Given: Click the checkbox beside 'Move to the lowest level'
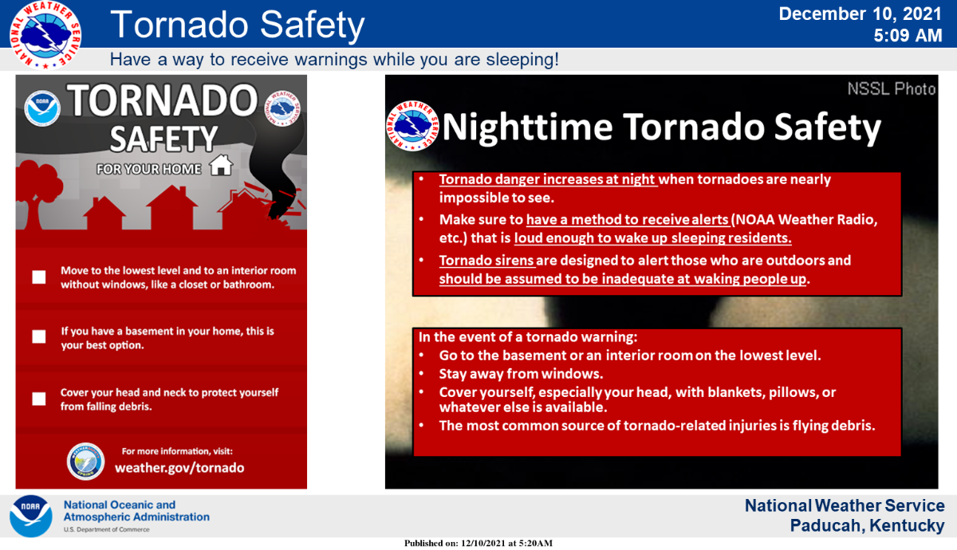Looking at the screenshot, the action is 39,277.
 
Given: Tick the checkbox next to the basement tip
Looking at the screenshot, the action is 39,336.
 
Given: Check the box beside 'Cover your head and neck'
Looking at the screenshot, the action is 39,399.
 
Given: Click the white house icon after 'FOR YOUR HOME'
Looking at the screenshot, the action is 221,165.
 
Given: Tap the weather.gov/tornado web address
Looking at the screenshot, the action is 179,468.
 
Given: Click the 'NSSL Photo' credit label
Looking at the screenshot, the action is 892,88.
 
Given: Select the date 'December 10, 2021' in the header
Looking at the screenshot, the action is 860,14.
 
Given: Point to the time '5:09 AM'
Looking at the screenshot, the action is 908,35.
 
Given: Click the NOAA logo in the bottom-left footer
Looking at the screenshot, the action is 31,516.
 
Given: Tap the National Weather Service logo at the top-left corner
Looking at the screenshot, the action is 45,35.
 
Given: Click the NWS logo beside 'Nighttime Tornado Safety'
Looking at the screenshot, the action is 412,126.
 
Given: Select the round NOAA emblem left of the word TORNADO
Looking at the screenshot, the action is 41,108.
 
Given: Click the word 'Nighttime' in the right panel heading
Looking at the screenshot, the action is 528,127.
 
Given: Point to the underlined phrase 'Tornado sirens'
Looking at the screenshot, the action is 486,260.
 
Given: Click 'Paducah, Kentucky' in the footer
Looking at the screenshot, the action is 867,525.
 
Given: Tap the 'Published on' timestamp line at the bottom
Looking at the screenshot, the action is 478,543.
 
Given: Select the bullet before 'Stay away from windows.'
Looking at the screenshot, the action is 421,374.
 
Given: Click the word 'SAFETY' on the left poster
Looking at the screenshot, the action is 163,139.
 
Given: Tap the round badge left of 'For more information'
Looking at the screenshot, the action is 85,462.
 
